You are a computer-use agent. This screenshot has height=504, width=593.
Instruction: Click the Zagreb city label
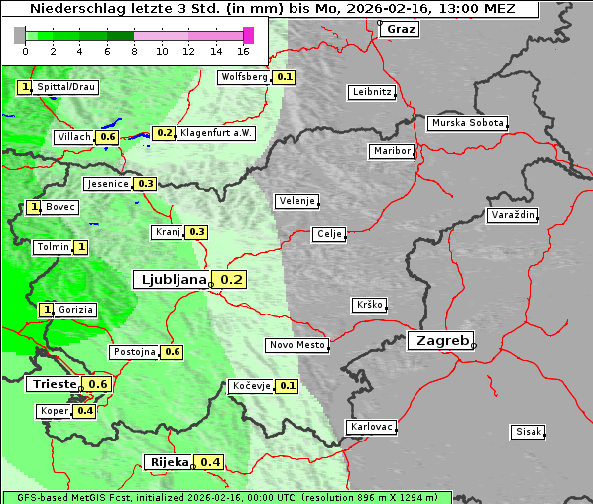pos(439,340)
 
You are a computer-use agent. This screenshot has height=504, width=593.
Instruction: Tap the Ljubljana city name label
pos(171,280)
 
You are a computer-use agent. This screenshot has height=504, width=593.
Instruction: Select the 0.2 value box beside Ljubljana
pos(231,280)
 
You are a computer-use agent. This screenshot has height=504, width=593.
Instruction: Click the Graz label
pos(400,29)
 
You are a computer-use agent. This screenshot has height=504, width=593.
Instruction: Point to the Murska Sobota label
pos(467,124)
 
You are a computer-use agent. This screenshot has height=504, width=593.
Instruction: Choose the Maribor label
pos(392,151)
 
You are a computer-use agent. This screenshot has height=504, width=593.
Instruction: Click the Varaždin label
pos(512,215)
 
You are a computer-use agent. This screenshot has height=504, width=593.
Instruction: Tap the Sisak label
pos(528,432)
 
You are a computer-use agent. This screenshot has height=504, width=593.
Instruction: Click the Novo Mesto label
pos(296,345)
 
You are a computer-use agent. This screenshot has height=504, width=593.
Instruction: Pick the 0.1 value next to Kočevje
pos(287,386)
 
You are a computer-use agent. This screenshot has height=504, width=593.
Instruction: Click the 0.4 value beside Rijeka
pos(210,462)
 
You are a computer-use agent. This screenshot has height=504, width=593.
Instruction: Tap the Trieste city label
pos(54,384)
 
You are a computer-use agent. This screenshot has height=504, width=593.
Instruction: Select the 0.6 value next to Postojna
pos(172,352)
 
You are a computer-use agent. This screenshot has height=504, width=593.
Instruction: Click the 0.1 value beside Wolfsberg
pos(285,77)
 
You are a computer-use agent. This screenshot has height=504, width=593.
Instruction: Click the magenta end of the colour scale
pos(248,35)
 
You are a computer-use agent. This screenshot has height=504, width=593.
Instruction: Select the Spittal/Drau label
pos(66,87)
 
